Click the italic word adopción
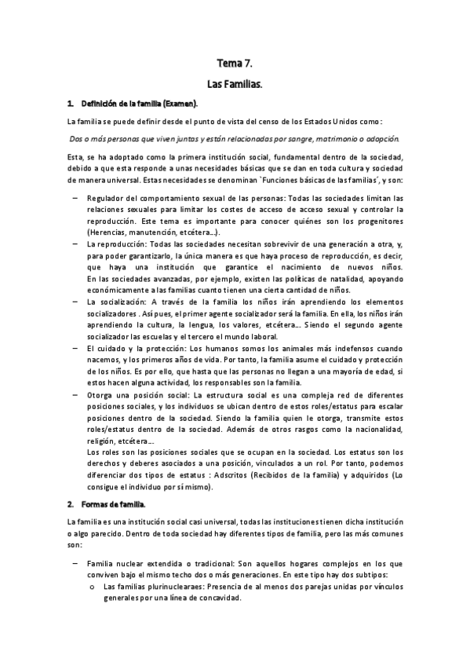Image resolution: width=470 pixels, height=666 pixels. coord(376,137)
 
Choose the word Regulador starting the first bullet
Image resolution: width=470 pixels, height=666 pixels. coord(107,198)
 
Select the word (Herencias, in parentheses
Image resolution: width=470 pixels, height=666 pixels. coord(110,233)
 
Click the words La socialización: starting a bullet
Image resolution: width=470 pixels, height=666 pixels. coord(118,302)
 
